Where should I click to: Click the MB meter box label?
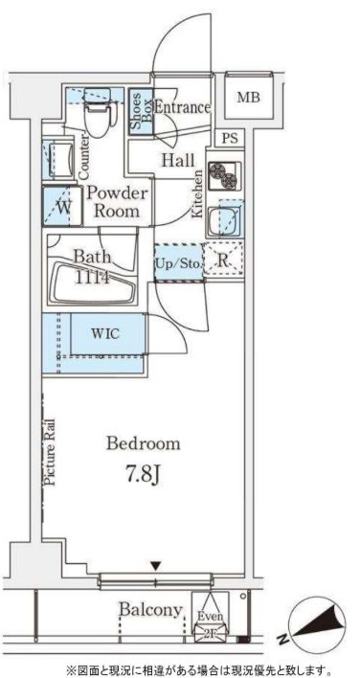249,98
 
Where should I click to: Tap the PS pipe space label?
230,139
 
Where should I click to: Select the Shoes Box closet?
142,111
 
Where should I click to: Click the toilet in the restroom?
98,112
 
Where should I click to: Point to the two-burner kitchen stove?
223,175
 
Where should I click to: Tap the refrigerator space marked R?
223,261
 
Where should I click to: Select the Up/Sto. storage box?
178,262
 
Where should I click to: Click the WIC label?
103,333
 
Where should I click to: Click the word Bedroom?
143,443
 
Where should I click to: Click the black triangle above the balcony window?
156,566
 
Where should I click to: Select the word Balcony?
151,610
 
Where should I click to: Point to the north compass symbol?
316,623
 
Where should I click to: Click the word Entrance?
182,107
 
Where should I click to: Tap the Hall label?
178,161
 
